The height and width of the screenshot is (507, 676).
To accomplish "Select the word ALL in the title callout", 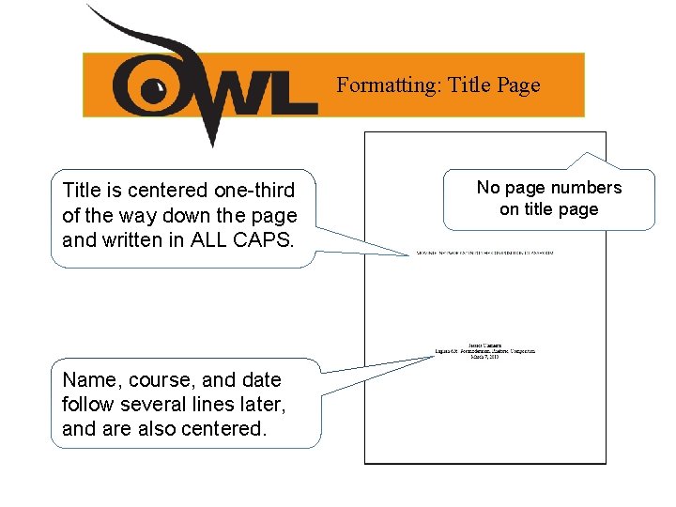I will [x=208, y=239].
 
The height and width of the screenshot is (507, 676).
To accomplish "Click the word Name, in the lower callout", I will [x=90, y=380].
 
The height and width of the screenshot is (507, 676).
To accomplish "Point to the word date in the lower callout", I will [x=262, y=380].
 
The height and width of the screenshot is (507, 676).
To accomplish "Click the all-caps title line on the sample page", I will [x=485, y=253].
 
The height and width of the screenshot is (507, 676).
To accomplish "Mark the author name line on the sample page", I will [x=485, y=345].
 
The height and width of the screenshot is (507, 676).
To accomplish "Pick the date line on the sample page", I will [x=485, y=356].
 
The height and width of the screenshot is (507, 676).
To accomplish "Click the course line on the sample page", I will [x=485, y=350].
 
